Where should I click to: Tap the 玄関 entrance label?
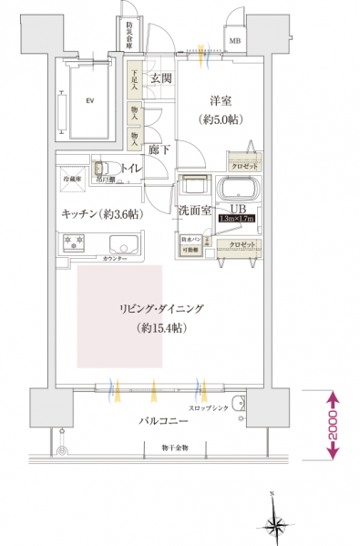(x=161, y=78)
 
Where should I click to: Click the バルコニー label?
(x=163, y=423)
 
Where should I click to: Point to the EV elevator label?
(x=89, y=100)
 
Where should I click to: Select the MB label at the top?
(x=235, y=41)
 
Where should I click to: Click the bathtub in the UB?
(x=239, y=191)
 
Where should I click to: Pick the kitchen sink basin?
(x=120, y=244)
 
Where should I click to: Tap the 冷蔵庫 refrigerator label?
(x=72, y=180)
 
